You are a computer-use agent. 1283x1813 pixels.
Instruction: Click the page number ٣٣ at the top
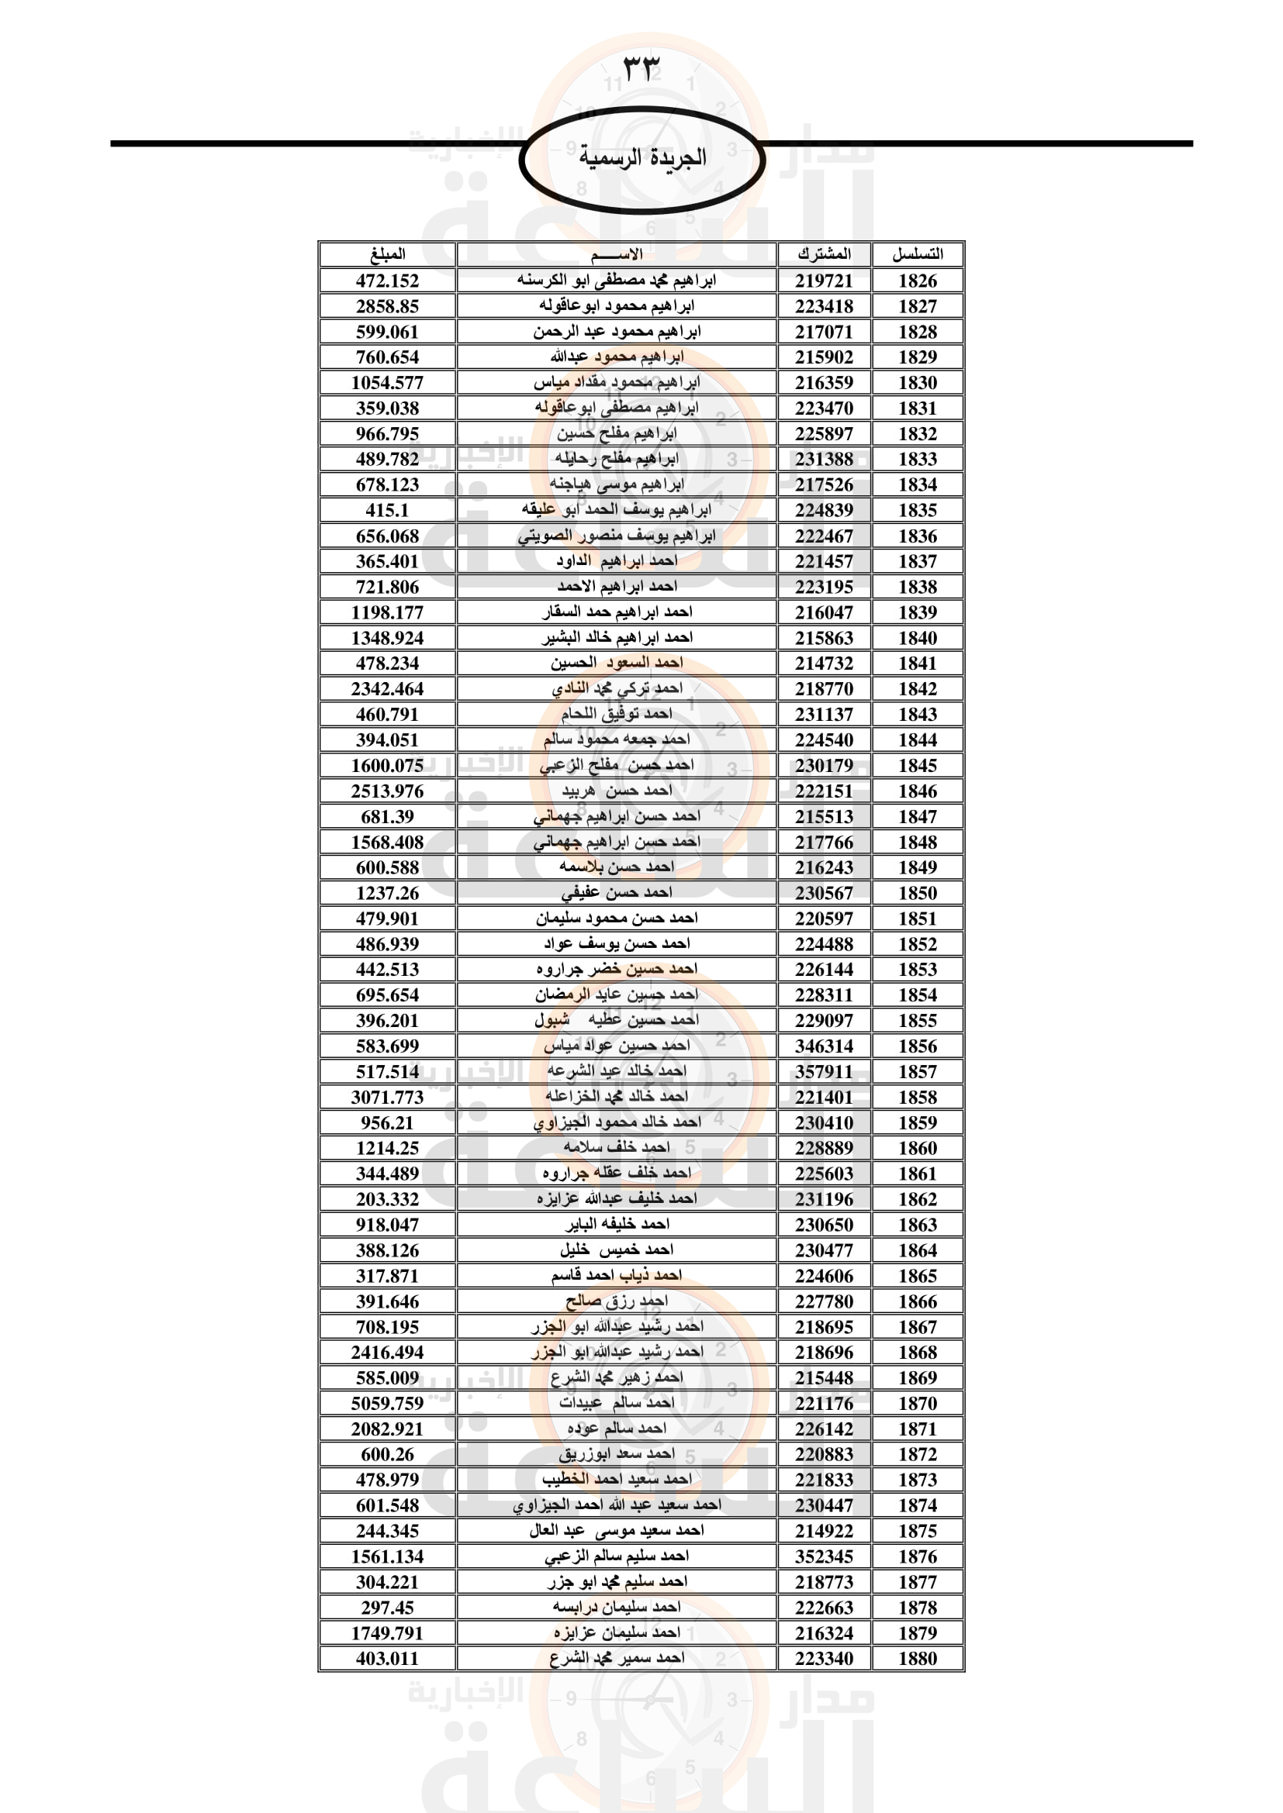[x=641, y=69]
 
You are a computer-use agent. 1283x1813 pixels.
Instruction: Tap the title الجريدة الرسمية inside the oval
[x=642, y=158]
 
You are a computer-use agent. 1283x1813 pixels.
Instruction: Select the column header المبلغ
[x=387, y=254]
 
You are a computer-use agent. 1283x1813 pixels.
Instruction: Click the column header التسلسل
[x=917, y=254]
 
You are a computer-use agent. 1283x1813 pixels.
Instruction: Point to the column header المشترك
[x=824, y=254]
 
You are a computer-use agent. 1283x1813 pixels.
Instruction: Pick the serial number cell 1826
[x=917, y=281]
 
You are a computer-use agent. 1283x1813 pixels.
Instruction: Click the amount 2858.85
[x=387, y=306]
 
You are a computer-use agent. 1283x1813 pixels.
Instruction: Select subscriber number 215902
[x=824, y=357]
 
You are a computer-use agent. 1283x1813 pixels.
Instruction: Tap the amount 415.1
[x=387, y=510]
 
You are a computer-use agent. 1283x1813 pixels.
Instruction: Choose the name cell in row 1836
[x=616, y=536]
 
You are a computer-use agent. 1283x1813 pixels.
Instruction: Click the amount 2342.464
[x=387, y=688]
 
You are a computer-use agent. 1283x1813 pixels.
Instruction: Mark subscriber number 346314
[x=824, y=1046]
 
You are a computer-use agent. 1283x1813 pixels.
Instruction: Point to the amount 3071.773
[x=387, y=1097]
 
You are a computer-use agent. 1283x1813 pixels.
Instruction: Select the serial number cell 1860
[x=917, y=1148]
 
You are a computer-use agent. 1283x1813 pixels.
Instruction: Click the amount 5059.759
[x=387, y=1403]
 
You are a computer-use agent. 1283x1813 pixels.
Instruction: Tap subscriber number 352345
[x=824, y=1556]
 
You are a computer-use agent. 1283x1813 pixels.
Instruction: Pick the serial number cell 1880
[x=917, y=1658]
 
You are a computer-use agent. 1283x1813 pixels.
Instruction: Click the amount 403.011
[x=387, y=1658]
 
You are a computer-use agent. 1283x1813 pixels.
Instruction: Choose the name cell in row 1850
[x=616, y=893]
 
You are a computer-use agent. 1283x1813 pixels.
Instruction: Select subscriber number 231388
[x=824, y=459]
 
